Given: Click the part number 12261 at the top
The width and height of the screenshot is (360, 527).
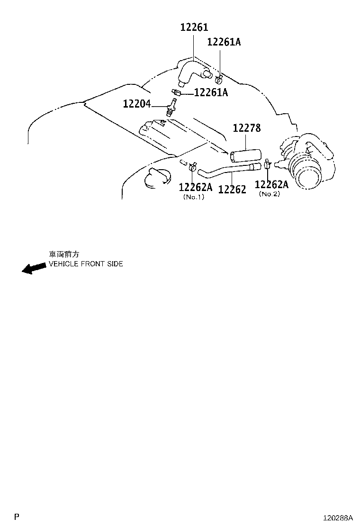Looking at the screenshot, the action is pos(194,27).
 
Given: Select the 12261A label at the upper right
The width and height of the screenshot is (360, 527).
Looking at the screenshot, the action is pos(224,42).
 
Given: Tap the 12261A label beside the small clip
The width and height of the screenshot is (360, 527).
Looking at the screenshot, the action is pos(211,92).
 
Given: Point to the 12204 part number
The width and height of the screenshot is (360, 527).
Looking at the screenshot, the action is pos(137,103).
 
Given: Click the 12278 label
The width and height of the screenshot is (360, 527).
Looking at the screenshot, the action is pos(247,127).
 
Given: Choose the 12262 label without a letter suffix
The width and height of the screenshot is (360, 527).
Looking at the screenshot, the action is pos(232,190).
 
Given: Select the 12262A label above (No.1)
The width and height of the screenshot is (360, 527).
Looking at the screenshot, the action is pos(196,187).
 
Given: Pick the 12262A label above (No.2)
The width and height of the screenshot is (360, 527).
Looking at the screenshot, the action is pos(271,184).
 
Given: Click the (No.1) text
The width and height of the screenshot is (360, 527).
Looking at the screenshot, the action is pos(193,197).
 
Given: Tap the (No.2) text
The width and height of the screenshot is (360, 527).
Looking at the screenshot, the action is pos(270,194).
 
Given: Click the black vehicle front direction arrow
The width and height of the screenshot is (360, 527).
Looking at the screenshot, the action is pos(34,268).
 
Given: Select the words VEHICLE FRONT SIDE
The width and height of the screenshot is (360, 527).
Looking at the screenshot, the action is pos(86,264).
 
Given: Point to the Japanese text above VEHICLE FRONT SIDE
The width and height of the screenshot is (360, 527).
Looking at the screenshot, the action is pos(64,254).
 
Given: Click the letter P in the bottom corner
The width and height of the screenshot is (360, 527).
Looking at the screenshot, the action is pos(17,517).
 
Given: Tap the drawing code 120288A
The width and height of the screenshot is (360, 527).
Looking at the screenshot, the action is pos(338,517).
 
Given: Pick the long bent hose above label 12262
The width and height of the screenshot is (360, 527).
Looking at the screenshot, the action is pos(228,169).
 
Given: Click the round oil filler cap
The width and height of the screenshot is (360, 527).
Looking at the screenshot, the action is pos(157,177).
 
